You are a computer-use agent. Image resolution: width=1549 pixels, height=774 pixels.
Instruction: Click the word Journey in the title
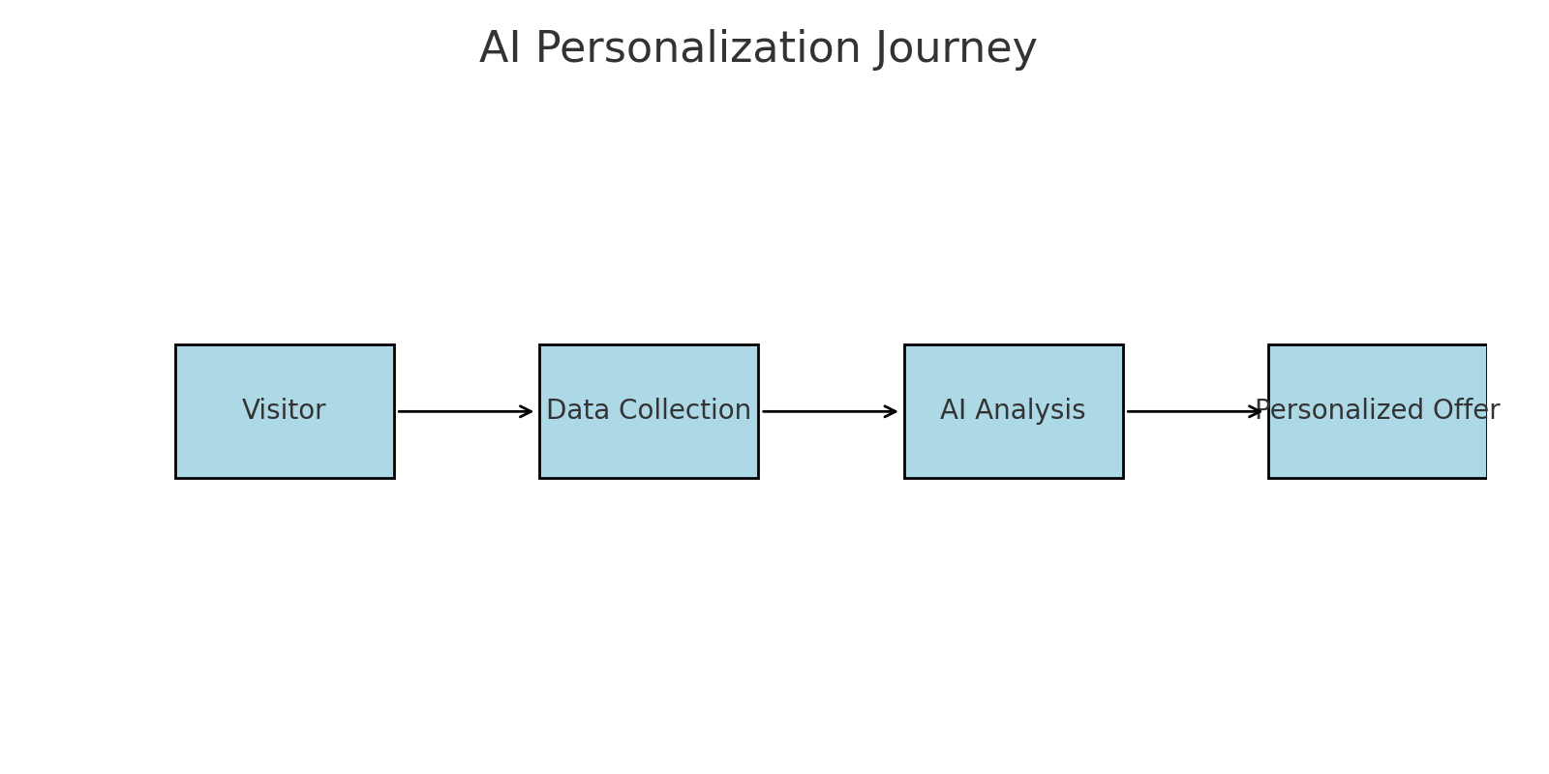coord(957,49)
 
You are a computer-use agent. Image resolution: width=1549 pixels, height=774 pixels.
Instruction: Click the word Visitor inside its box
coord(284,410)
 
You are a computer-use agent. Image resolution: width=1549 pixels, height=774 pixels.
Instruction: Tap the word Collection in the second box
coord(684,410)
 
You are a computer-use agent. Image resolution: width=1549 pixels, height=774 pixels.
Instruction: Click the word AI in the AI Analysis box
coord(953,410)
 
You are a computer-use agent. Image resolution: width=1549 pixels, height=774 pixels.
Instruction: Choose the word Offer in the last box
coord(1466,410)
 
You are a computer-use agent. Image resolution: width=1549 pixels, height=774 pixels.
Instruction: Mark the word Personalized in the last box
coord(1339,410)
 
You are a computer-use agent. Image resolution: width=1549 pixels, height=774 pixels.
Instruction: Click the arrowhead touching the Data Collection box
coord(527,411)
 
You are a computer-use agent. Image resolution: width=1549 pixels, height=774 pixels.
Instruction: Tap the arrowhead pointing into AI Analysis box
coord(891,411)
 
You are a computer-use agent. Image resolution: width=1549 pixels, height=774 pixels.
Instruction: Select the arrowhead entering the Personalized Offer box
coord(1256,411)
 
